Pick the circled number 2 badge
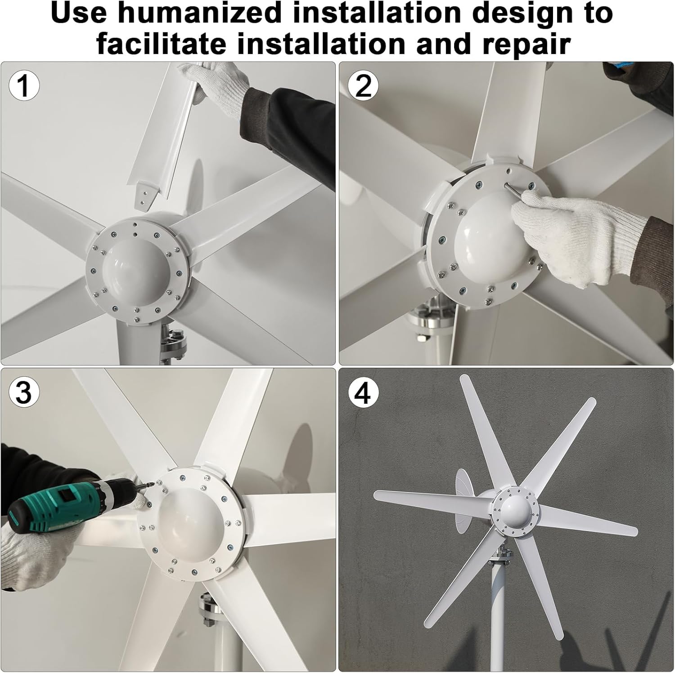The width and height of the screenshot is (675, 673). point(363,85)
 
